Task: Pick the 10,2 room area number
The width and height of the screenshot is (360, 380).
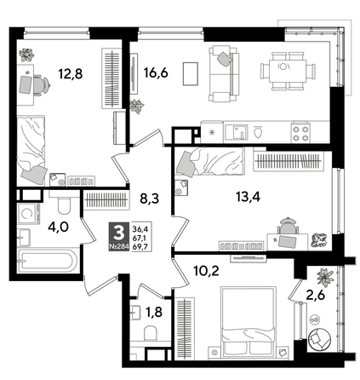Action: pyautogui.click(x=195, y=274)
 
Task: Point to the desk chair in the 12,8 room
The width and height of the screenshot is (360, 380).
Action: pyautogui.click(x=37, y=85)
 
